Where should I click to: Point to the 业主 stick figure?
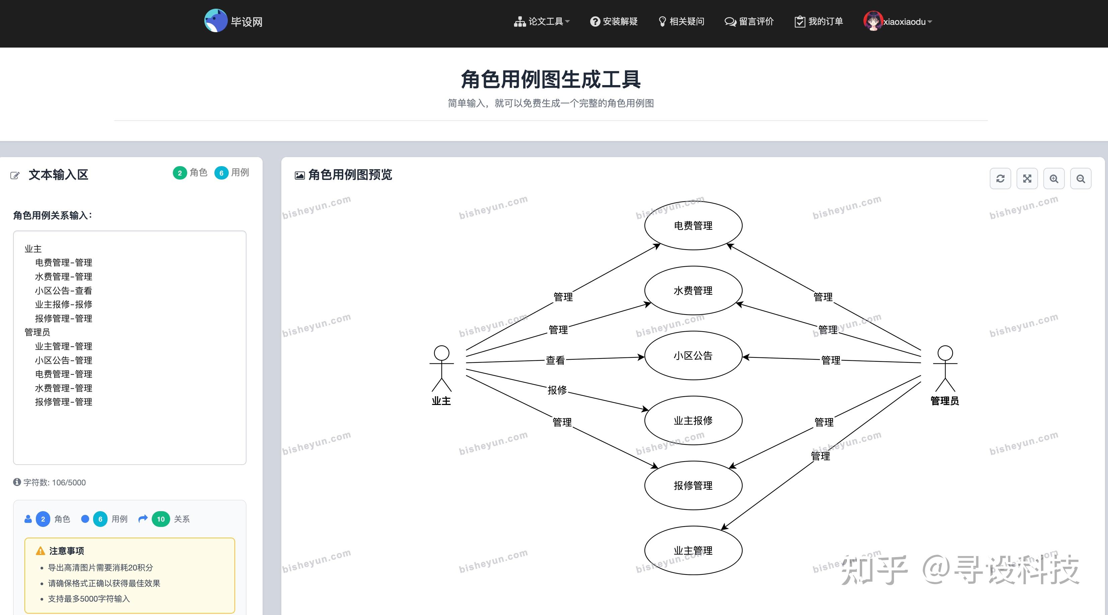(441, 368)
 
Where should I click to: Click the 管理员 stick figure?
(945, 368)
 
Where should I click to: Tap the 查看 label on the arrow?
(555, 360)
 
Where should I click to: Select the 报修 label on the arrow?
(557, 390)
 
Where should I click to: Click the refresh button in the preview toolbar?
(1000, 179)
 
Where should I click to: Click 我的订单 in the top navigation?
(819, 21)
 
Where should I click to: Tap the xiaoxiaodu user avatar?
(873, 21)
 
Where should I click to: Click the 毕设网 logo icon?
(215, 21)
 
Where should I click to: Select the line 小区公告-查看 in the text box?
(64, 290)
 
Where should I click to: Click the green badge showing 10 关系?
(161, 519)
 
